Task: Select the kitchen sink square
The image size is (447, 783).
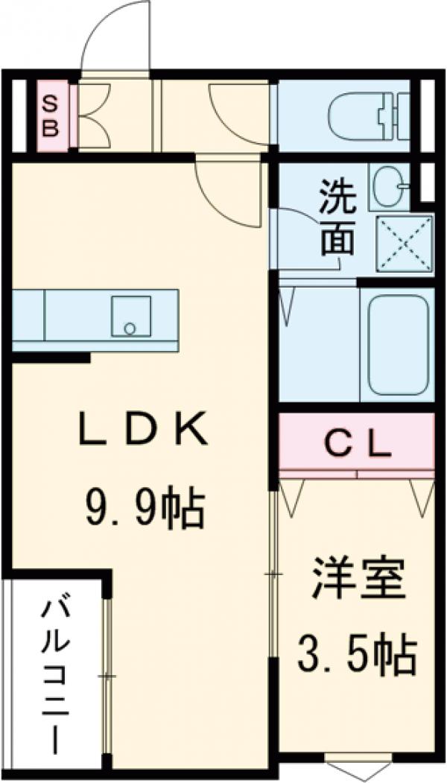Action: (131, 316)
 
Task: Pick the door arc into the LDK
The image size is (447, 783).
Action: (223, 190)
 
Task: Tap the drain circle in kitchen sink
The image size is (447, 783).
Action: (130, 328)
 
